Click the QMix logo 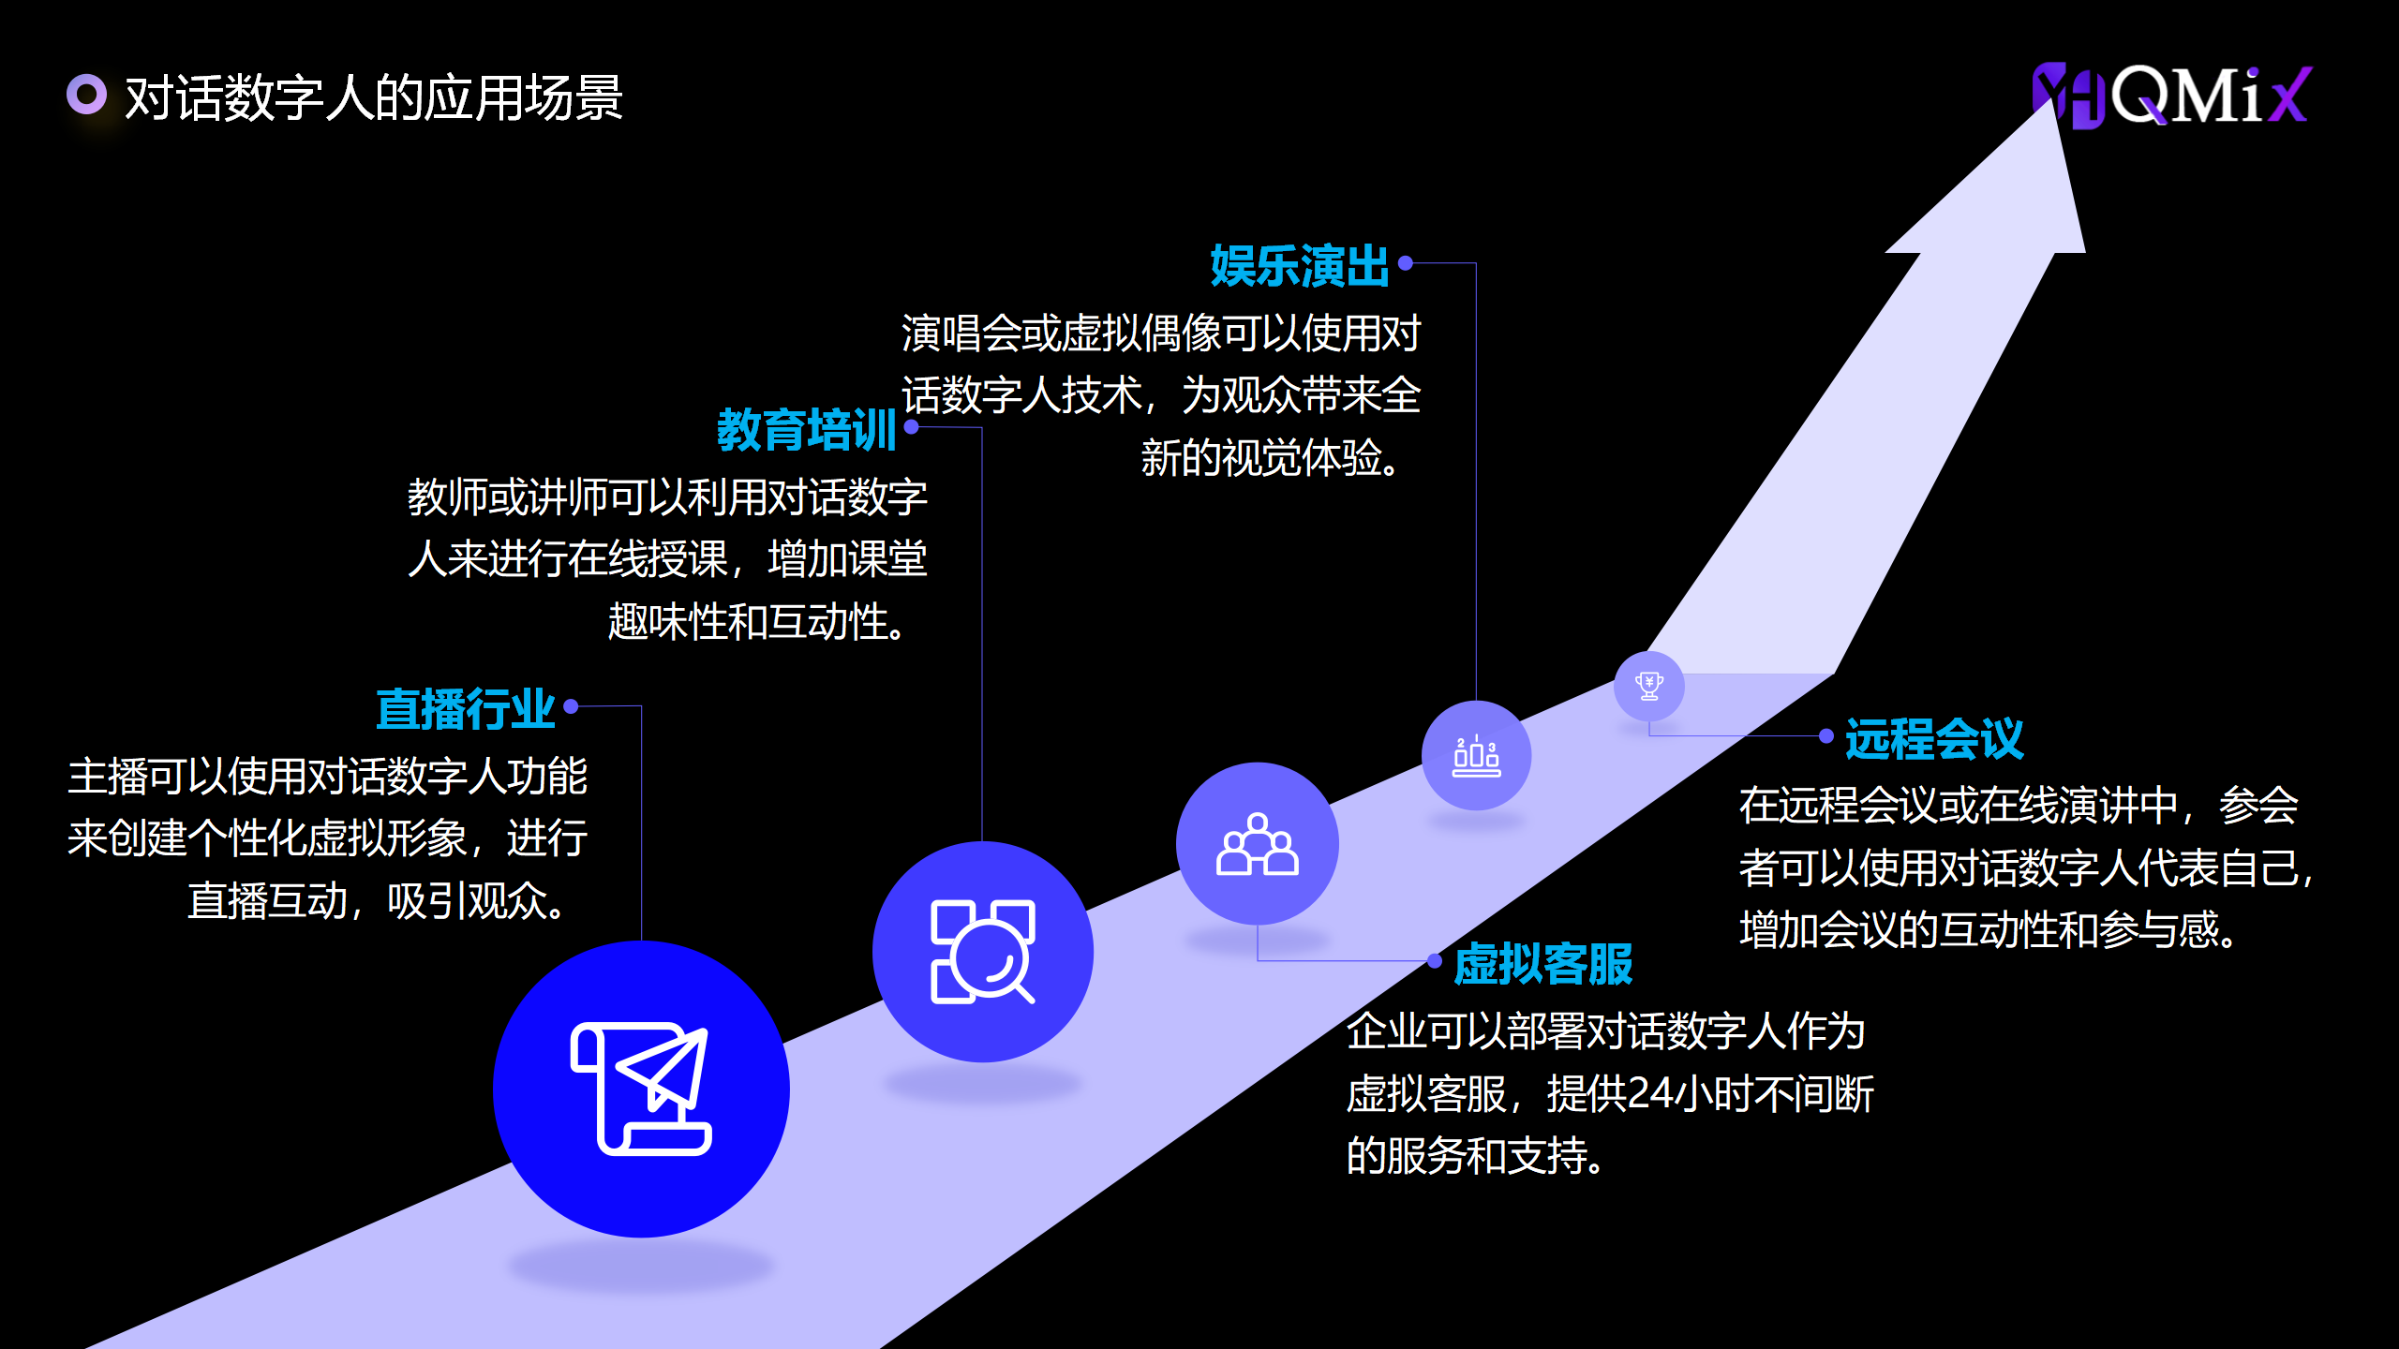(x=2172, y=96)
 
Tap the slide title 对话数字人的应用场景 (x=373, y=97)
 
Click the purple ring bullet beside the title (x=87, y=94)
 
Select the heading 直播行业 (x=466, y=708)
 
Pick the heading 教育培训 (x=806, y=429)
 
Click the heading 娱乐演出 (x=1299, y=265)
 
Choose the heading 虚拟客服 (x=1542, y=964)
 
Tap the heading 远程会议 (x=1934, y=738)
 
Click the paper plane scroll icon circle (x=641, y=1089)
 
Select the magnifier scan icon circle (x=982, y=951)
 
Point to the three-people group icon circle (x=1257, y=843)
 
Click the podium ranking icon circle (x=1476, y=755)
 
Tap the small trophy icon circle (x=1648, y=686)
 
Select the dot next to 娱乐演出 (x=1406, y=263)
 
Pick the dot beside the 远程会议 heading (x=1826, y=736)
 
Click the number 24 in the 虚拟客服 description (x=1650, y=1093)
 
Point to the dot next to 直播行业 (x=571, y=706)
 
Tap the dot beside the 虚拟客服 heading (x=1435, y=960)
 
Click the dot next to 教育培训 (x=911, y=427)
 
